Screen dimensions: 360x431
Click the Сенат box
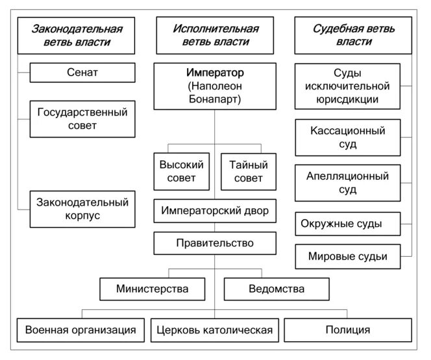pos(82,73)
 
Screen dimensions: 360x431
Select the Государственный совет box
pos(82,119)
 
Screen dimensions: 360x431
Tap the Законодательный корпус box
pos(82,209)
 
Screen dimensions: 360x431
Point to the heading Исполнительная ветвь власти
pos(215,36)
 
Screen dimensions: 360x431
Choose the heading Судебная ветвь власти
pos(354,36)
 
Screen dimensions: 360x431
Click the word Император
pos(215,73)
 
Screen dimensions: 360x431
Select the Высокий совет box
pos(182,171)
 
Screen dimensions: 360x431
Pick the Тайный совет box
pos(248,171)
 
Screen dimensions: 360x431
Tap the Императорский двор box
pos(215,211)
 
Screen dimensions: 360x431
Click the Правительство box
pos(215,243)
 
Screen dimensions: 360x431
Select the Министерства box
pos(153,289)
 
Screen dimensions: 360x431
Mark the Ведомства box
pos(276,289)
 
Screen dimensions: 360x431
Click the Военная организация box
pos(80,330)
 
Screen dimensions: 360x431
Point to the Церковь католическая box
pos(215,330)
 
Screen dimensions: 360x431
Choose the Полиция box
pos(348,330)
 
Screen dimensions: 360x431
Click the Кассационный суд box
pos(348,138)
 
